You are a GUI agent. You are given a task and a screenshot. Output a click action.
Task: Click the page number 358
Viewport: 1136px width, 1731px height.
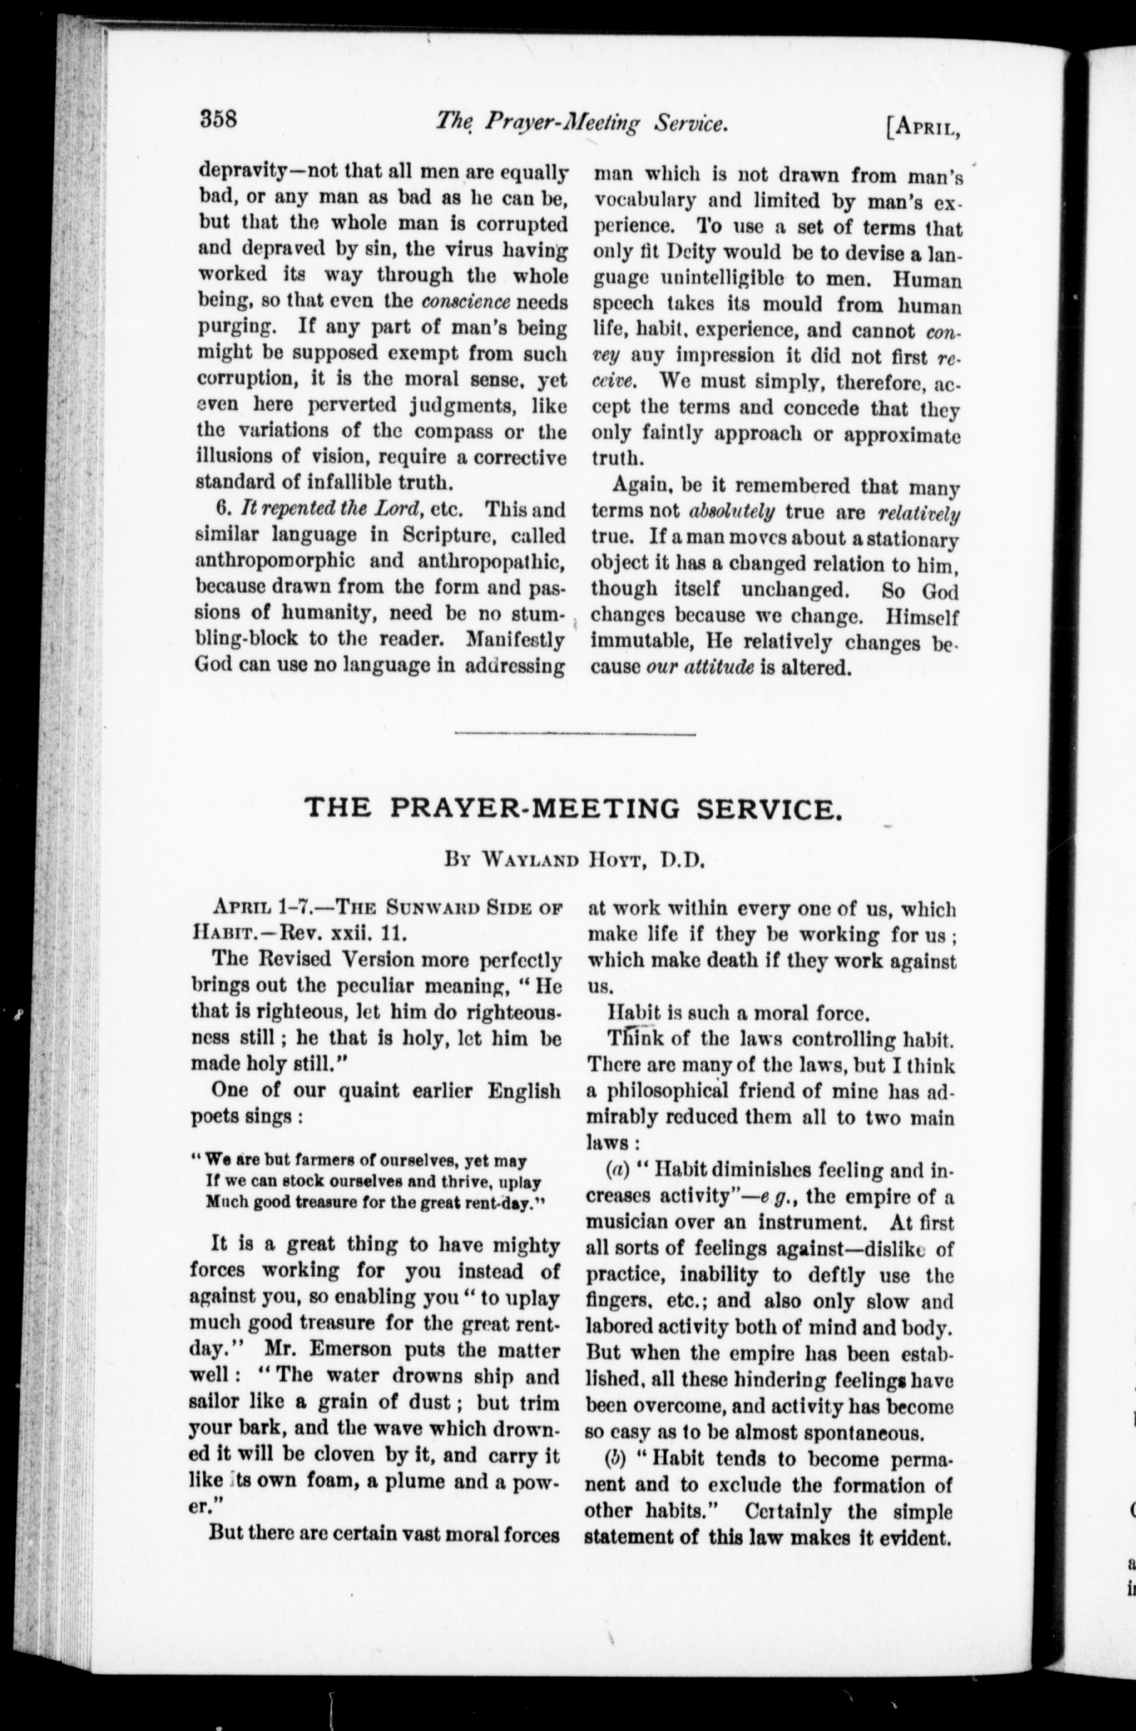(x=219, y=118)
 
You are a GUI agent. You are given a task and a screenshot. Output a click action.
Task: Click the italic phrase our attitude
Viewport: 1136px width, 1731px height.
(x=699, y=667)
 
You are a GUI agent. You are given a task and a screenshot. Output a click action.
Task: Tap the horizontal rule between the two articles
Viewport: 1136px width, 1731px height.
(x=575, y=733)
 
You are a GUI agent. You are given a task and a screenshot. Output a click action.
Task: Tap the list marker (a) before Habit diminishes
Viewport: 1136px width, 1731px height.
(x=618, y=1170)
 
